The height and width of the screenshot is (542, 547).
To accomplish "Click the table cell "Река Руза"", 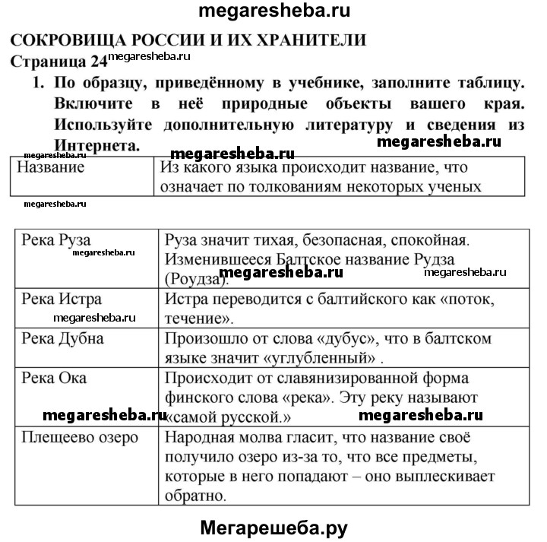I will [x=57, y=241].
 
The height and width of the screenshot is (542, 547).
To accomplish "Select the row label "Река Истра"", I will [x=62, y=300].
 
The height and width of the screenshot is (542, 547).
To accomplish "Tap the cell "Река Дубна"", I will [x=63, y=338].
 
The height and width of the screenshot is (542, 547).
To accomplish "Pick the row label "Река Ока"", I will [x=55, y=378].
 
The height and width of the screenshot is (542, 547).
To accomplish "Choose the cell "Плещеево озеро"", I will [x=80, y=438].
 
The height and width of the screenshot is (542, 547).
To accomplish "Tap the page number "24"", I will [x=99, y=62].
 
